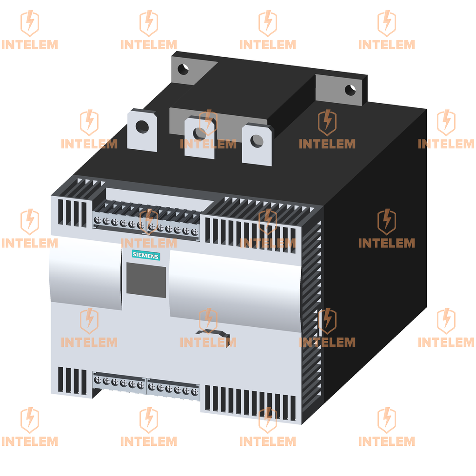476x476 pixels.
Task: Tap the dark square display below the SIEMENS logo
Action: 146,281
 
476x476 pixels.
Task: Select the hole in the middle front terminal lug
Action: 199,134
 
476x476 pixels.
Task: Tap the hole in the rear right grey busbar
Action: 350,90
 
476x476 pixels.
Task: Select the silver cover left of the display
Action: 86,272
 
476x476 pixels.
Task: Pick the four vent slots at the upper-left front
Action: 73,213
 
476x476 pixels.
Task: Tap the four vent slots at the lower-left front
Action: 73,381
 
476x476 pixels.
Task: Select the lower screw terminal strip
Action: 146,385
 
